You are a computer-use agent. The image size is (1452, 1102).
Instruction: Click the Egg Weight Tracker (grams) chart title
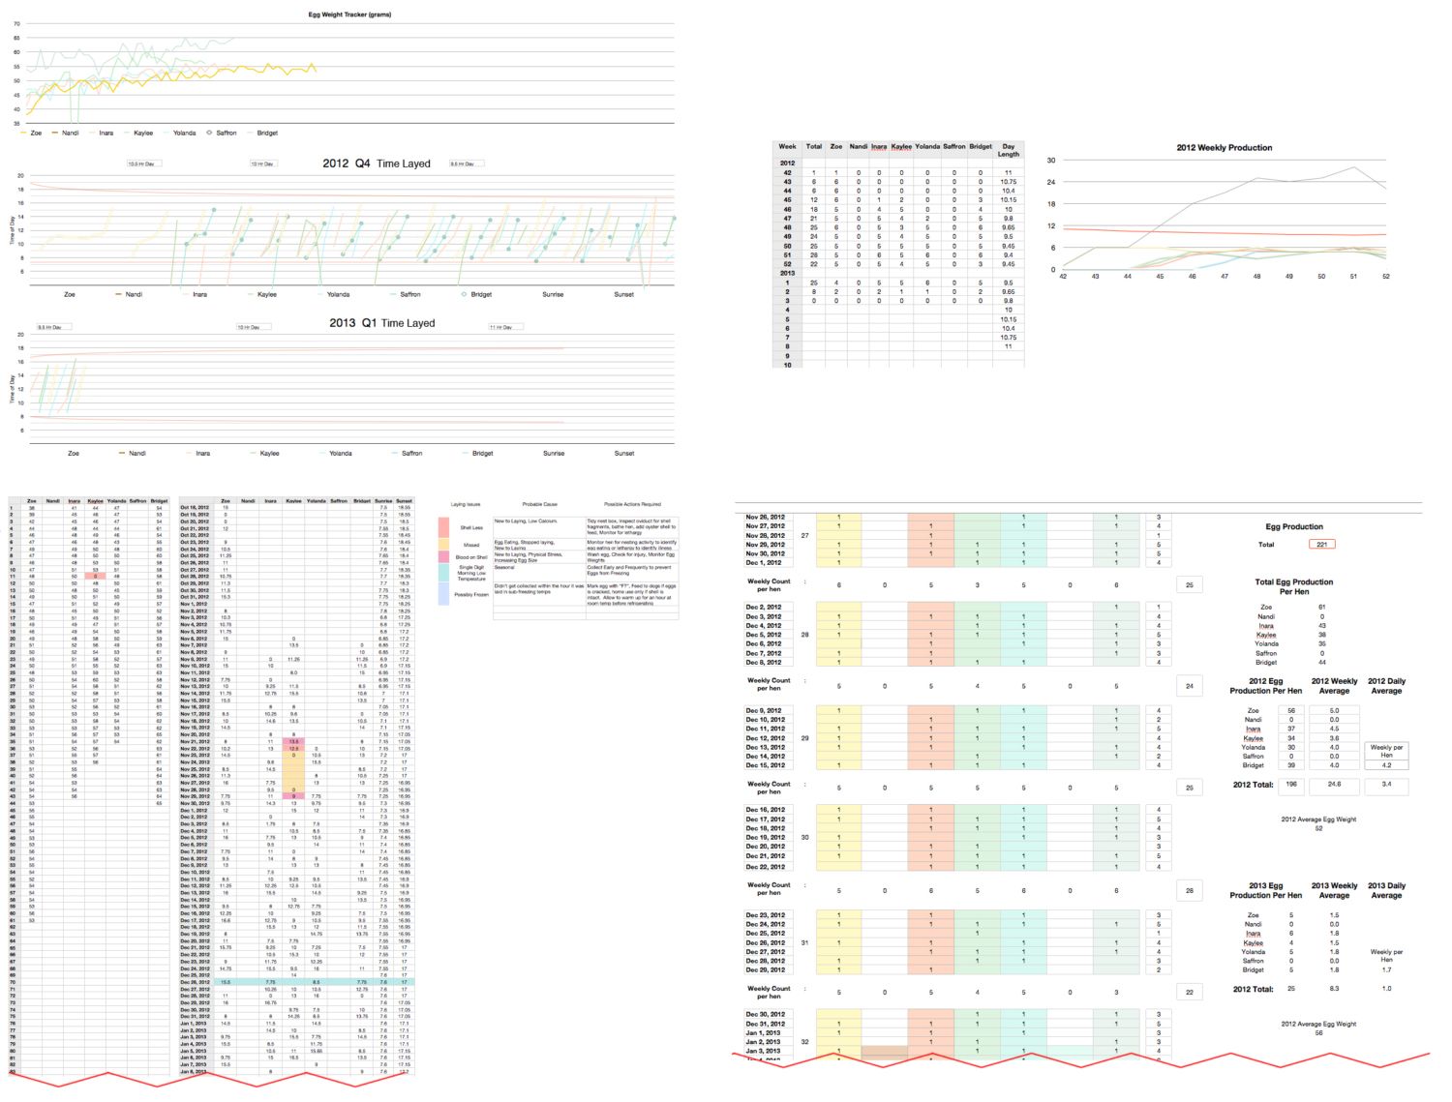349,15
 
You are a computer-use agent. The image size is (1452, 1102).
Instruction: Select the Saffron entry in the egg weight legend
226,133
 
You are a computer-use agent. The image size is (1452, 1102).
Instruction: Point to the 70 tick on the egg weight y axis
16,24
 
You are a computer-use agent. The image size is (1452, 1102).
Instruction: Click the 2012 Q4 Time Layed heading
377,164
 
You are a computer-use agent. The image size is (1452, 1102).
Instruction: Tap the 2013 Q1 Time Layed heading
381,323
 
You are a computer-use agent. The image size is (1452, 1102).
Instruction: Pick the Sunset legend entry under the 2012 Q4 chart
623,294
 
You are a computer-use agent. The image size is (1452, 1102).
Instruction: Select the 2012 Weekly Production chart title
1224,148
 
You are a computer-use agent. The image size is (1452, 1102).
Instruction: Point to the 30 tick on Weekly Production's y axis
1051,161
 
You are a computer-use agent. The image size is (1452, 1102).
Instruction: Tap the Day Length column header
1009,150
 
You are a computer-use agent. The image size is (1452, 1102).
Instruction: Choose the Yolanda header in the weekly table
927,147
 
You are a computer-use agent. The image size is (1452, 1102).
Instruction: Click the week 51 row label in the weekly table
787,255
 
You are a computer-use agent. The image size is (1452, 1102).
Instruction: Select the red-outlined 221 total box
1321,544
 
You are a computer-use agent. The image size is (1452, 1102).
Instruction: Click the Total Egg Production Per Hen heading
1293,586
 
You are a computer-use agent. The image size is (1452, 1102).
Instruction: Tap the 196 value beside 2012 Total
1291,784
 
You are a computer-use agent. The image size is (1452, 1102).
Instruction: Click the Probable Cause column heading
539,504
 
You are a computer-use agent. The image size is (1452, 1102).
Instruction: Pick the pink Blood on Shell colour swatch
443,557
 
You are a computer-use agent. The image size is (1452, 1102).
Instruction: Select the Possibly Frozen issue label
471,595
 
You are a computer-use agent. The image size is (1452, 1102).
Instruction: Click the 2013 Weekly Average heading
1334,890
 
